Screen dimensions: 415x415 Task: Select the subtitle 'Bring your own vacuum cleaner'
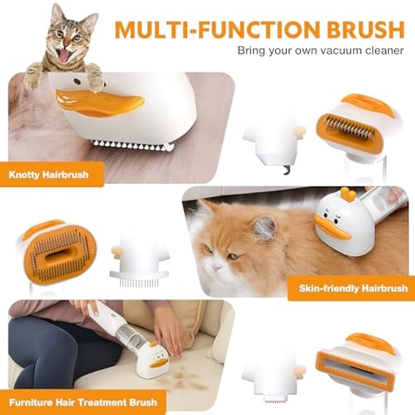coord(321,50)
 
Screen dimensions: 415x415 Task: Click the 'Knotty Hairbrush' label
coord(49,173)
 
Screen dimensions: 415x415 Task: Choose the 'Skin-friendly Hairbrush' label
coord(352,288)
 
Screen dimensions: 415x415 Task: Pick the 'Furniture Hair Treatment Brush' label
coord(84,402)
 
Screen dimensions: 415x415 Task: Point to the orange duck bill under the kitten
coord(99,100)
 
